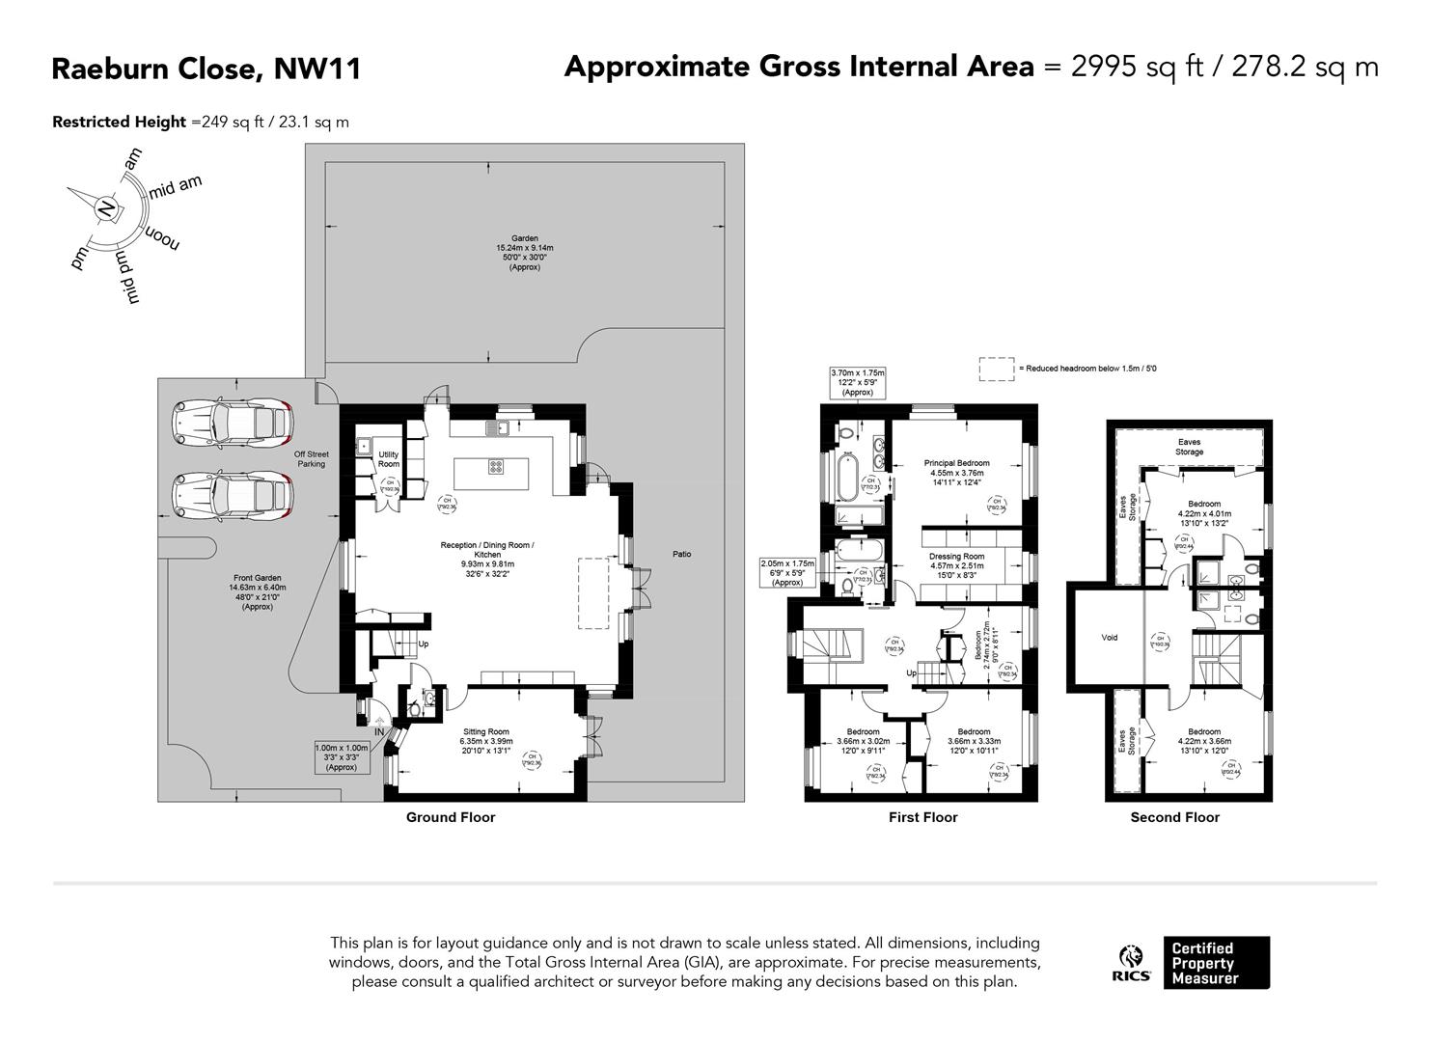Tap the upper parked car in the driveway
pyautogui.click(x=233, y=424)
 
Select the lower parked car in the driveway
pyautogui.click(x=233, y=497)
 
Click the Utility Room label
pyautogui.click(x=388, y=459)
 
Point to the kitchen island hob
pyautogui.click(x=496, y=467)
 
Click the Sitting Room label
pyautogui.click(x=485, y=732)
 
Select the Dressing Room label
pyautogui.click(x=956, y=556)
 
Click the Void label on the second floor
pyautogui.click(x=1110, y=638)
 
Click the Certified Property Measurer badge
pyautogui.click(x=1216, y=963)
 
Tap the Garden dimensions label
pyautogui.click(x=525, y=252)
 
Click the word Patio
pyautogui.click(x=682, y=554)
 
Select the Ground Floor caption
pyautogui.click(x=450, y=817)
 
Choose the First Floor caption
pyautogui.click(x=922, y=817)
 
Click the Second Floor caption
pyautogui.click(x=1174, y=817)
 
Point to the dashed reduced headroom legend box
pyautogui.click(x=995, y=370)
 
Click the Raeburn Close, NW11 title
pyautogui.click(x=206, y=69)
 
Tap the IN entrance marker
pyautogui.click(x=380, y=732)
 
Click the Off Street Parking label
pyautogui.click(x=311, y=458)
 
